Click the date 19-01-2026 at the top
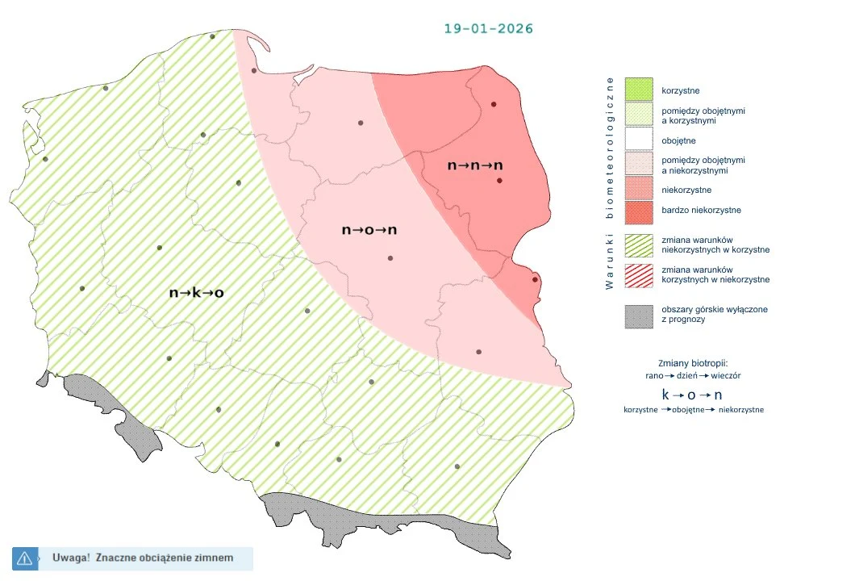click(x=489, y=28)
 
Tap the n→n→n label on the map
click(x=475, y=165)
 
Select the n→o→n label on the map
click(x=369, y=230)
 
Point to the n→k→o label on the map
click(x=196, y=293)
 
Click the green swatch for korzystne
click(x=640, y=90)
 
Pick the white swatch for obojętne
click(x=640, y=140)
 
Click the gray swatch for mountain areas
click(x=640, y=316)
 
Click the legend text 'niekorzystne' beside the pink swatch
click(x=686, y=190)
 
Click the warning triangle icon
click(x=24, y=558)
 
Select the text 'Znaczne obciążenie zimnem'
click(x=164, y=558)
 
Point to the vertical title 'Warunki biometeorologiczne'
click(x=610, y=182)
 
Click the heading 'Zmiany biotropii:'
click(x=693, y=362)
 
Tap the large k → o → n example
click(x=692, y=395)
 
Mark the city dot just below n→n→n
click(x=499, y=181)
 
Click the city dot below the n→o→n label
click(x=390, y=258)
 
